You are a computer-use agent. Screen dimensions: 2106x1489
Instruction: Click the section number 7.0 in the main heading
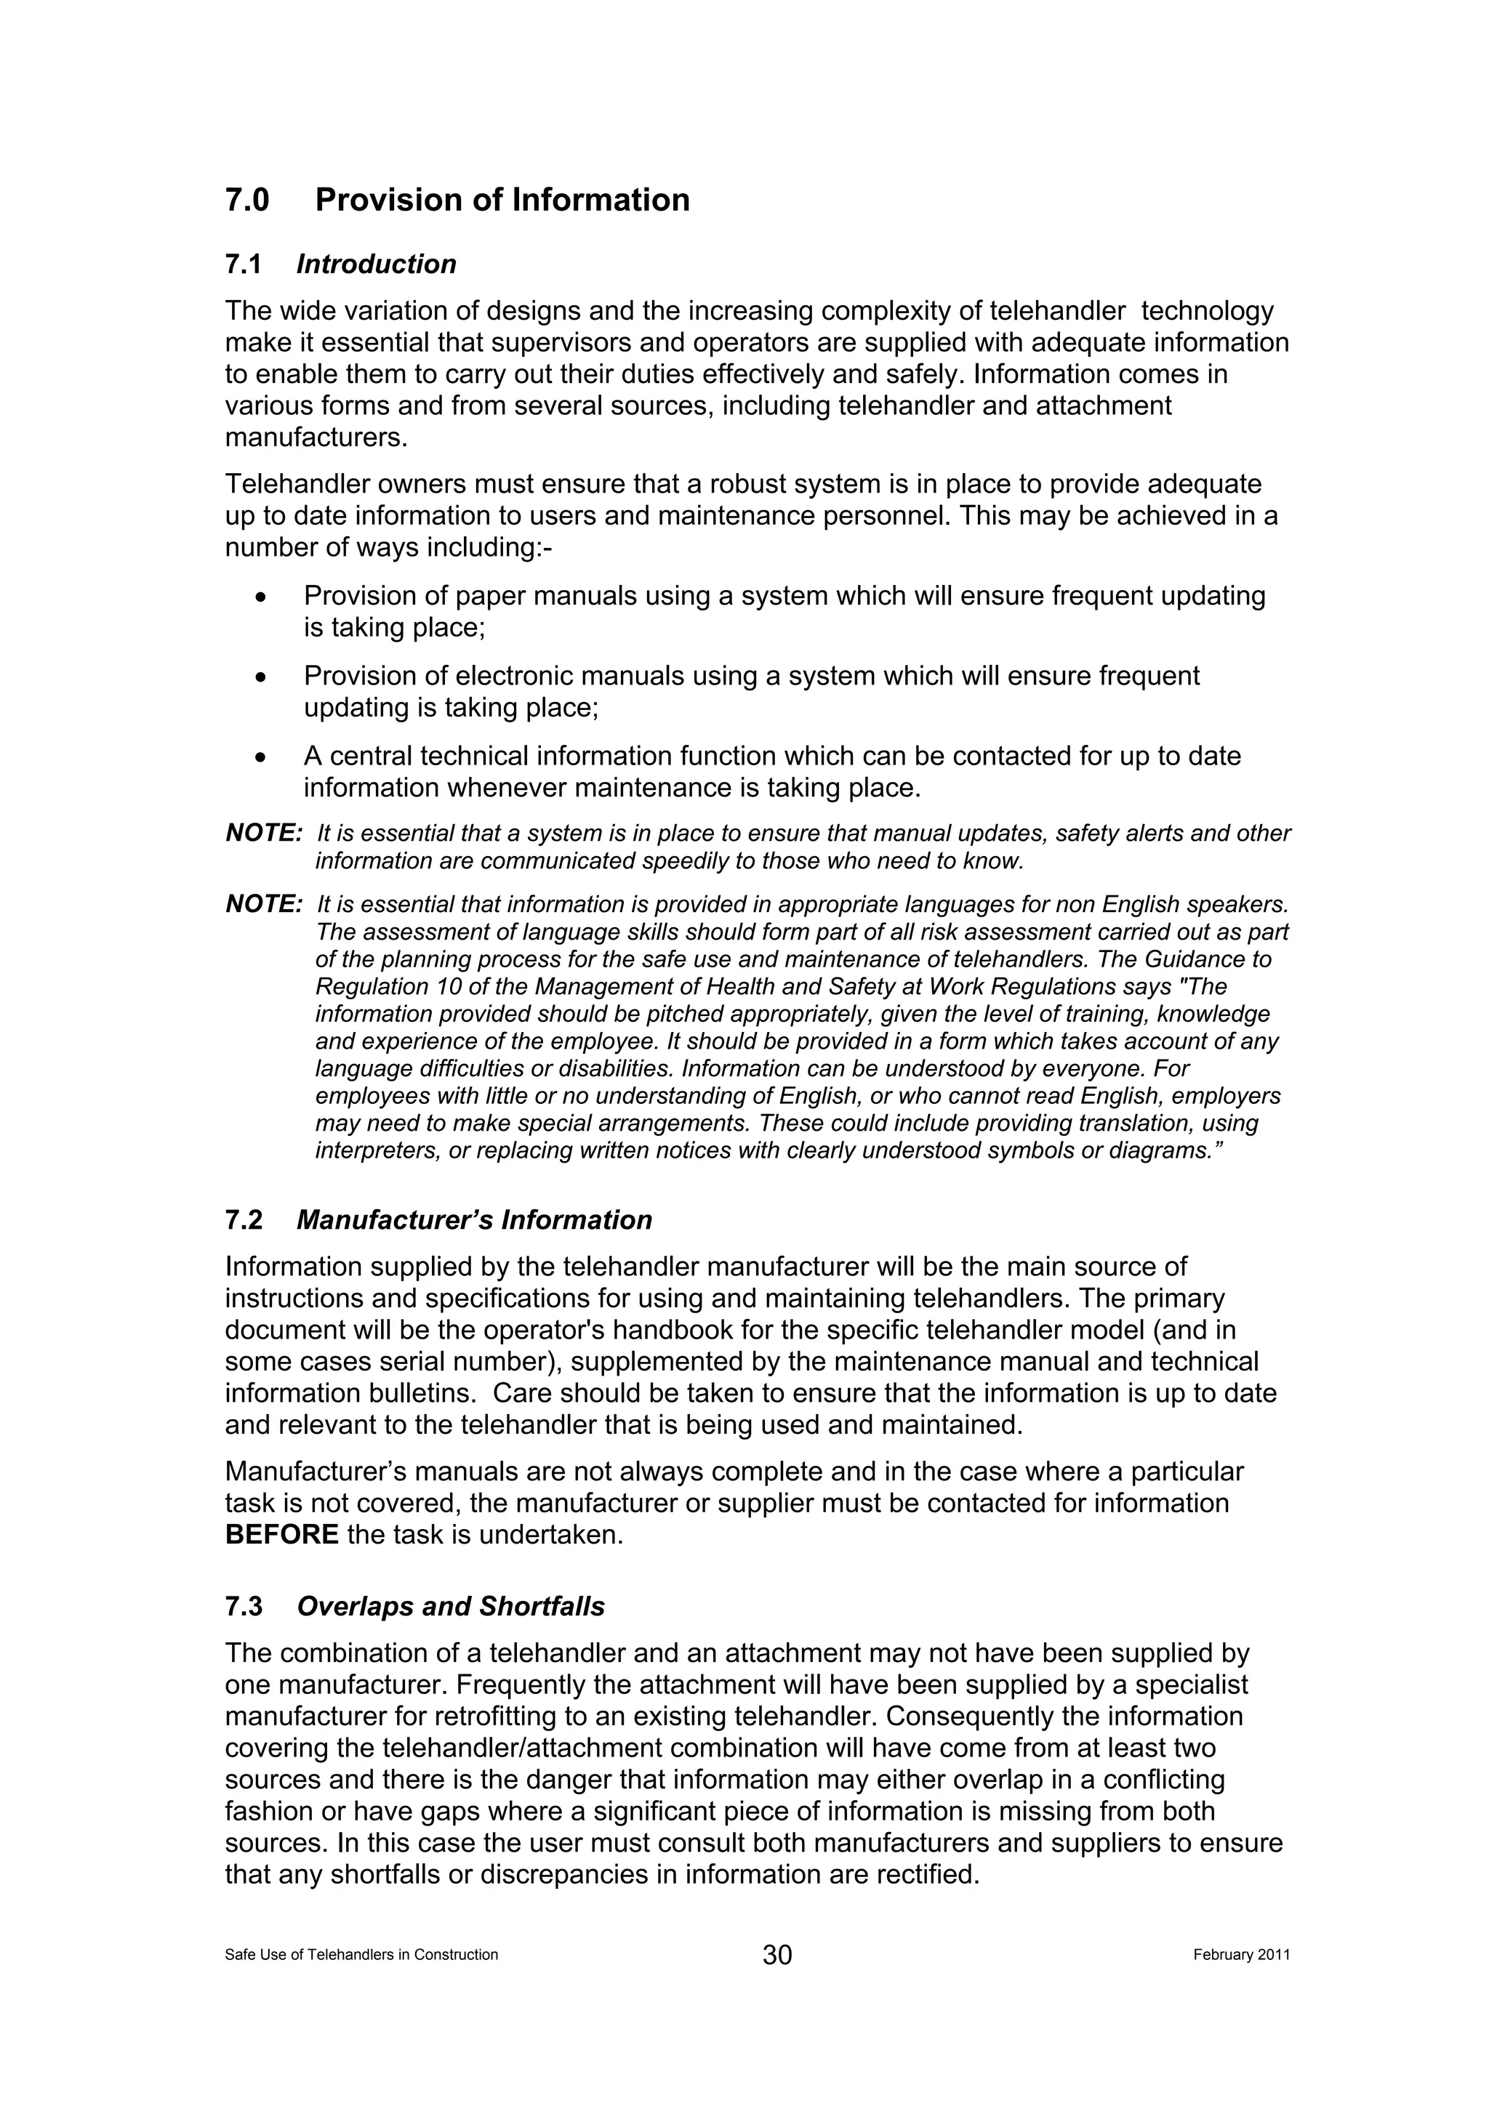coord(246,200)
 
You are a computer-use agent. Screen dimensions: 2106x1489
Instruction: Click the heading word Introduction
coord(376,265)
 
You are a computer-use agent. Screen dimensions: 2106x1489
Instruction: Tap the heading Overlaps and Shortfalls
coord(451,1606)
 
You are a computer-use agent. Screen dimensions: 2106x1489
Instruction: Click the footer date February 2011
coord(1240,1955)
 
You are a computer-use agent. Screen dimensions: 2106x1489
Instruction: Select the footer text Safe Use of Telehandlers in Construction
coord(361,1955)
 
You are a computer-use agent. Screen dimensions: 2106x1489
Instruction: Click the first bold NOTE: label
coord(263,833)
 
